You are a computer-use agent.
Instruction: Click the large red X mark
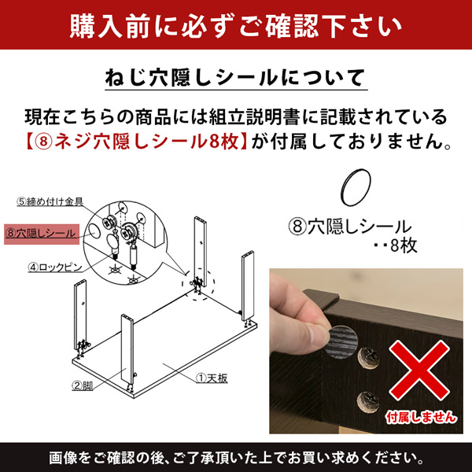419,371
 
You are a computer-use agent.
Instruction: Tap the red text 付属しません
421,418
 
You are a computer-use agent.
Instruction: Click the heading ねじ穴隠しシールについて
236,78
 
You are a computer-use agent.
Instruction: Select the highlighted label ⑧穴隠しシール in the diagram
42,234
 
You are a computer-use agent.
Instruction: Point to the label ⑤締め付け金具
50,201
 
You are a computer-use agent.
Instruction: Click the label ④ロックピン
55,267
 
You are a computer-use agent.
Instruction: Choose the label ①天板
212,378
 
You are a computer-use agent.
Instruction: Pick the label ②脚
82,385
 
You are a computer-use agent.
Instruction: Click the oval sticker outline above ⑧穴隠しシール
356,187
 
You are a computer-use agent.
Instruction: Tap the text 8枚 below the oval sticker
404,245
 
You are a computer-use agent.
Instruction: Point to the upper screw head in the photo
369,358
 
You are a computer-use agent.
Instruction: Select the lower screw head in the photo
368,402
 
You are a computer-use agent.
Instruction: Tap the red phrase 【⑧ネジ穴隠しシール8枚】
135,141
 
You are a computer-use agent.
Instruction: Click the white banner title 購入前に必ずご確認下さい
236,25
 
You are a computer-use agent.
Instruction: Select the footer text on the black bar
236,458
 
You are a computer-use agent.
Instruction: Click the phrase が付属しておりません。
351,141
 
